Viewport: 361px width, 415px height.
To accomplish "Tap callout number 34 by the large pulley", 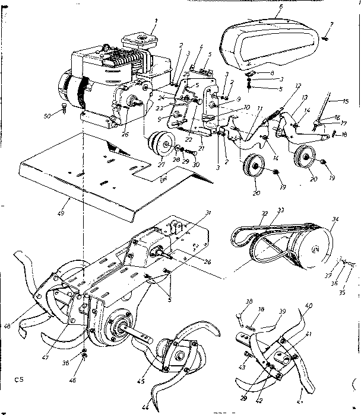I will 335,221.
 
